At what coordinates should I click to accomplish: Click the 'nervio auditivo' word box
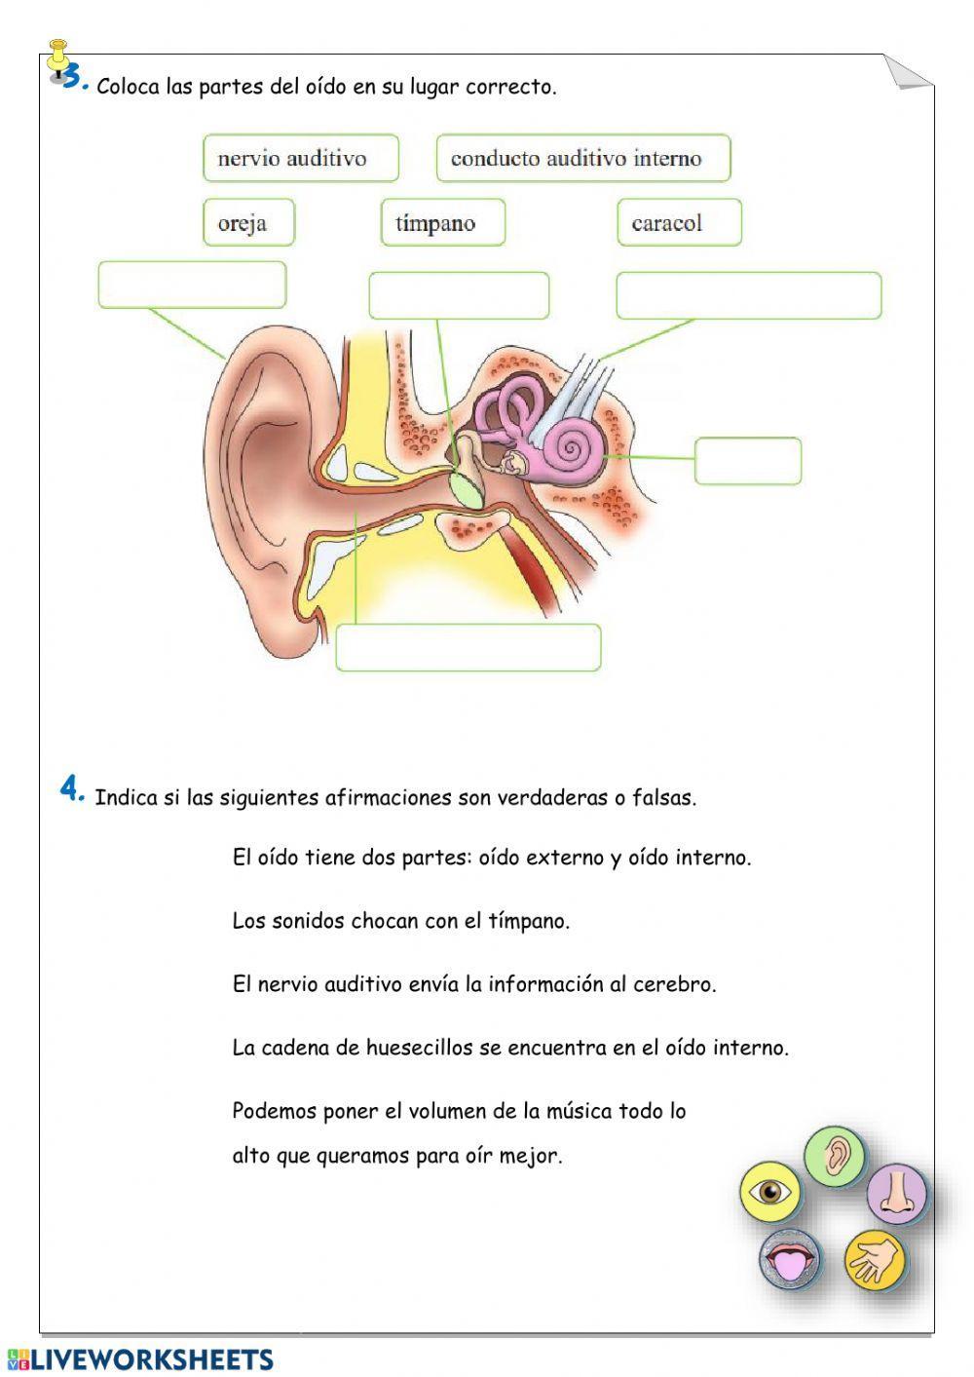pyautogui.click(x=301, y=158)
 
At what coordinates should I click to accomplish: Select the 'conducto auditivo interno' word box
pyautogui.click(x=582, y=158)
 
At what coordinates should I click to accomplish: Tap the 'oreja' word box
pyautogui.click(x=248, y=222)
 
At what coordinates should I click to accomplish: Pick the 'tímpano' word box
pyautogui.click(x=443, y=222)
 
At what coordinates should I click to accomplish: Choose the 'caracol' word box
pyautogui.click(x=679, y=222)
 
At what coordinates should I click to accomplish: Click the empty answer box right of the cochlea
pyautogui.click(x=747, y=461)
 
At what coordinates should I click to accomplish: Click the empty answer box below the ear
pyautogui.click(x=468, y=647)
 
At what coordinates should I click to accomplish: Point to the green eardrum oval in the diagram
pyautogui.click(x=470, y=488)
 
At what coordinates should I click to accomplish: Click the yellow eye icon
pyautogui.click(x=769, y=1192)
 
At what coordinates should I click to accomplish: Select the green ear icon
pyautogui.click(x=836, y=1156)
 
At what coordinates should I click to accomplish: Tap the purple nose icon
pyautogui.click(x=897, y=1193)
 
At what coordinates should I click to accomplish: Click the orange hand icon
pyautogui.click(x=875, y=1261)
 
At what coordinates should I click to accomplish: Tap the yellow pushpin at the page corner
pyautogui.click(x=58, y=60)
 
